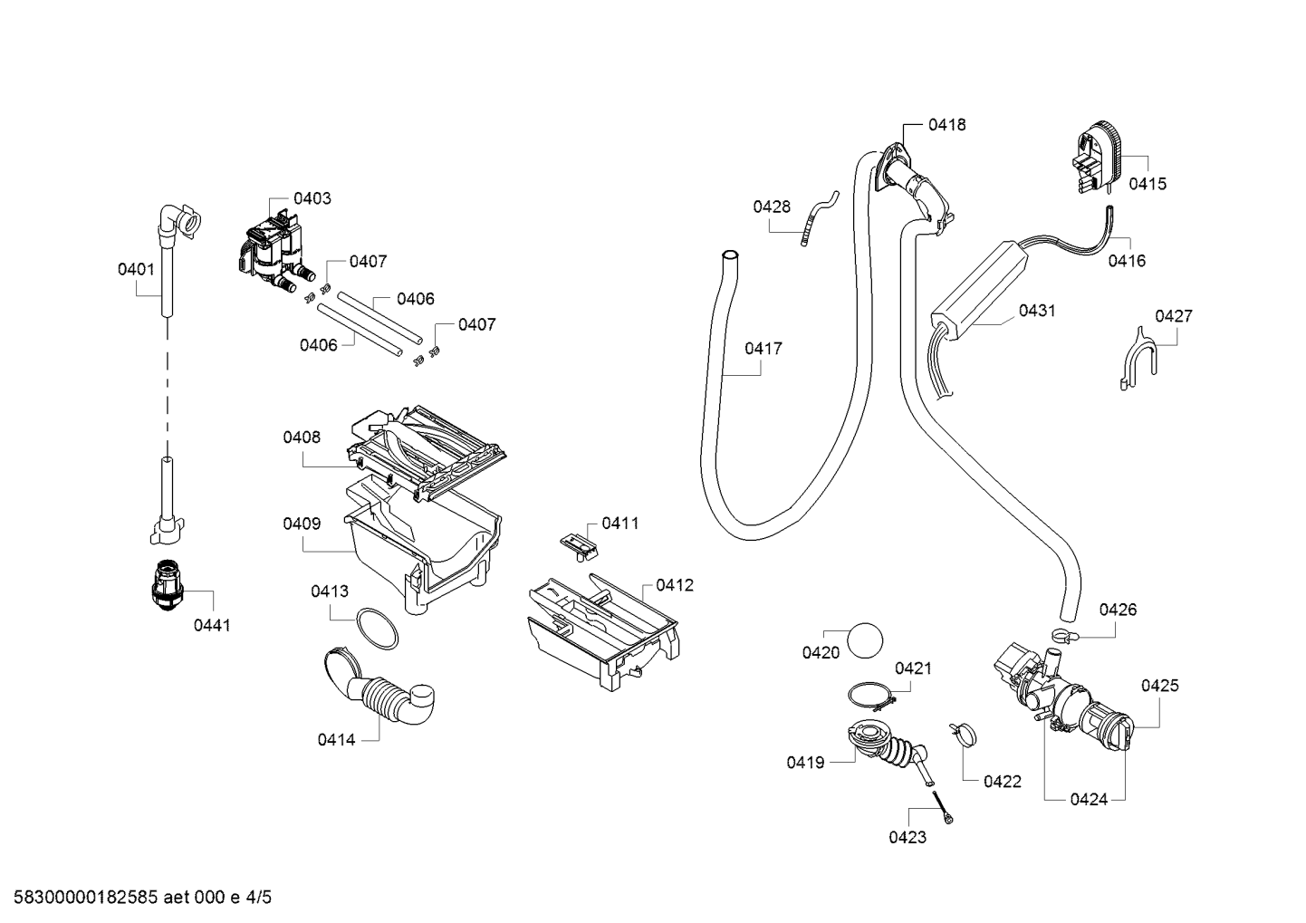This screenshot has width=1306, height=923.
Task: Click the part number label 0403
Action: pos(312,199)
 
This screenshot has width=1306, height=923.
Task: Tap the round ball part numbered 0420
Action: pos(865,640)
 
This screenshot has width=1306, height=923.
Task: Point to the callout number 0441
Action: pos(212,626)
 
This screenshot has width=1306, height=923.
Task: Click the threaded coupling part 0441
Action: pos(168,585)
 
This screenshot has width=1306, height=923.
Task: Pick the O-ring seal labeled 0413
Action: pos(378,629)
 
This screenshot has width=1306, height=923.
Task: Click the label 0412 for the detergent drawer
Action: pos(675,585)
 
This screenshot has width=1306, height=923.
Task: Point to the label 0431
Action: pos(1037,311)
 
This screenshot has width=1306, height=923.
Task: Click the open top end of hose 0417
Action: pos(730,255)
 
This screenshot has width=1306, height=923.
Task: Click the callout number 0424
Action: pos(1089,800)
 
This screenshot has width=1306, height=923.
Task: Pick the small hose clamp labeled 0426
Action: pos(1065,636)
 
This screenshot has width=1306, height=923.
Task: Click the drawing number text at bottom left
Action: pos(143,898)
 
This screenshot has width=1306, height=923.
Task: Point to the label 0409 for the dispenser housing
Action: pos(302,524)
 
